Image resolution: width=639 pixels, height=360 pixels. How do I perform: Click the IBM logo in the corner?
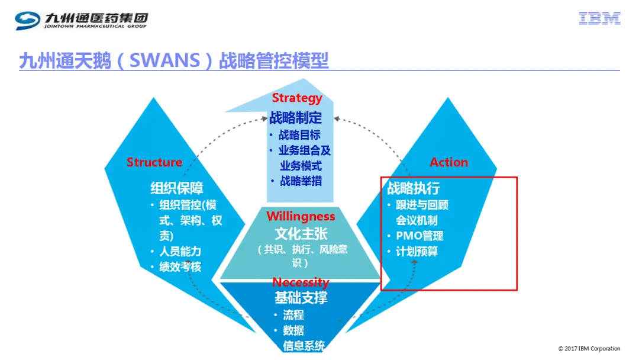tap(599, 18)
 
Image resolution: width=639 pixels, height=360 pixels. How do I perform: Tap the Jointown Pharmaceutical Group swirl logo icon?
tap(27, 20)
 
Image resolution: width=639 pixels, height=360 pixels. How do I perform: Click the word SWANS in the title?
tap(164, 61)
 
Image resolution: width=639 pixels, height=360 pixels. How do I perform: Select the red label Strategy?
tap(296, 98)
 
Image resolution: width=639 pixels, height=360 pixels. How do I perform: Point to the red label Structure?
tap(154, 162)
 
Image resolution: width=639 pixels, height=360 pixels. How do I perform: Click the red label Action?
tap(448, 162)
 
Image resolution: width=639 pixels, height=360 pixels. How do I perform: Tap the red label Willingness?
tap(301, 216)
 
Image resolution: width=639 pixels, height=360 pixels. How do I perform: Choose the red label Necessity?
tap(301, 282)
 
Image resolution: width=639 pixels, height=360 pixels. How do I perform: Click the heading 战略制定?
tap(296, 118)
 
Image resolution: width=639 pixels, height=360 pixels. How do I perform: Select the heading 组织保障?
tap(177, 188)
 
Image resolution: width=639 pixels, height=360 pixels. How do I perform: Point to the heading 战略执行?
tap(413, 188)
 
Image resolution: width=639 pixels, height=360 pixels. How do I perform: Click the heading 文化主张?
tap(301, 234)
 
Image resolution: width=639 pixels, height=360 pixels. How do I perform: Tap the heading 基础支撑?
tap(301, 298)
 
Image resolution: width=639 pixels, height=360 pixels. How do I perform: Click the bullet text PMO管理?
tap(419, 236)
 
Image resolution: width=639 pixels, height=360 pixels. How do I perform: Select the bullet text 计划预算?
tap(417, 251)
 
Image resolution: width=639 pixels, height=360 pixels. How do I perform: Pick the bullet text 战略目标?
tap(299, 134)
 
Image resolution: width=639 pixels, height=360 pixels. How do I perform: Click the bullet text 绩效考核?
tap(180, 266)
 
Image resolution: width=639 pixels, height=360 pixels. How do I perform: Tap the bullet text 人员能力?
tap(180, 251)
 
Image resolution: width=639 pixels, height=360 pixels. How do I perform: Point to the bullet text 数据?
tap(293, 330)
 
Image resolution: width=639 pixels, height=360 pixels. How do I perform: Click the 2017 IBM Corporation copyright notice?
tap(589, 349)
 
